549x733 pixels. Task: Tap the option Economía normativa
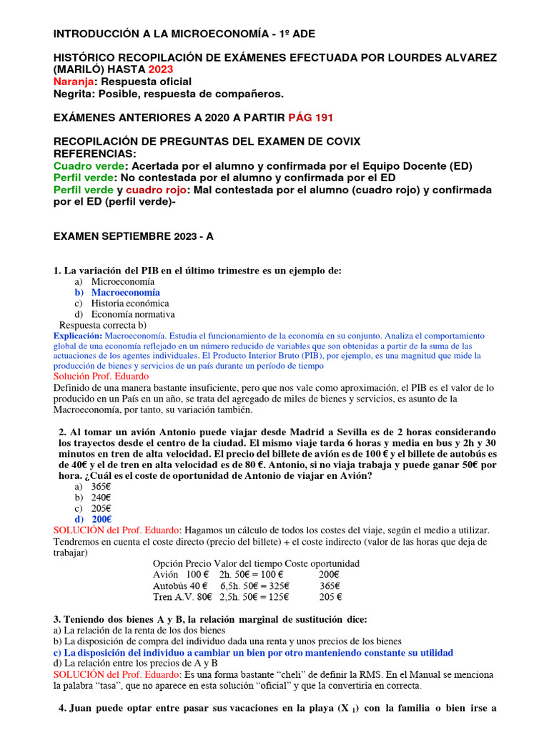[133, 314]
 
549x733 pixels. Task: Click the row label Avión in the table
[165, 574]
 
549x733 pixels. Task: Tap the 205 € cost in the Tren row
[330, 596]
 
